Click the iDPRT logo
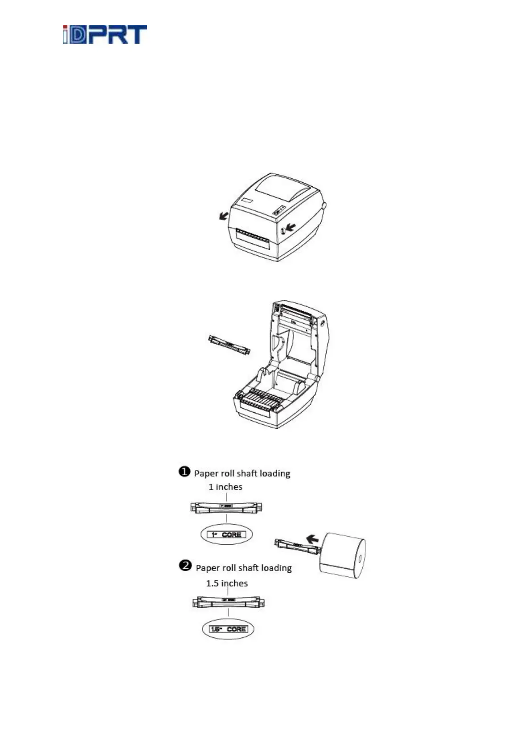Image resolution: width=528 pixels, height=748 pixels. pos(104,34)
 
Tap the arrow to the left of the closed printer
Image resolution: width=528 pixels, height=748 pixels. pos(224,216)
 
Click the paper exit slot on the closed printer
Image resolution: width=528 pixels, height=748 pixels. pos(253,235)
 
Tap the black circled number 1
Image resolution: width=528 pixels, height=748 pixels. pos(184,472)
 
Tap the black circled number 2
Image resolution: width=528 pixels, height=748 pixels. pos(185,566)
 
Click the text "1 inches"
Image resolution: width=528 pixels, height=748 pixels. pos(225,487)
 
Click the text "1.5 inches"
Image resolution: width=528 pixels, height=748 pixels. pos(227,583)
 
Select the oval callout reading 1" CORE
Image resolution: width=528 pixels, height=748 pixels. pos(227,534)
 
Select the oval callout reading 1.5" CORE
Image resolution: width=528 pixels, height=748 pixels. pos(228,629)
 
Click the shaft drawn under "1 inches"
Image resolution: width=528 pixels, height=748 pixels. pos(226,507)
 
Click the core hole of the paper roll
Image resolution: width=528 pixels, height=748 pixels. pos(360,558)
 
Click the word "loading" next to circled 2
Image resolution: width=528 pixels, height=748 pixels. pos(276,567)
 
